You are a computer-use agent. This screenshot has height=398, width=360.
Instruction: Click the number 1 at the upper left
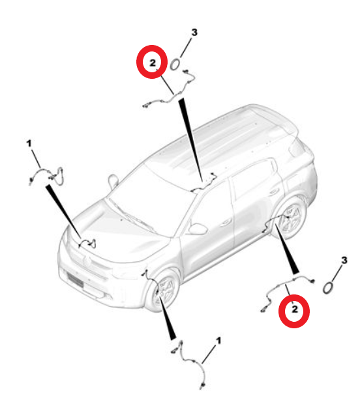coord(29,141)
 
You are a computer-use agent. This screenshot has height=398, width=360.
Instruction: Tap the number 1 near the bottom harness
coord(218,341)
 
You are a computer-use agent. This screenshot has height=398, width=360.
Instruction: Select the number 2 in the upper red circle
coord(152,63)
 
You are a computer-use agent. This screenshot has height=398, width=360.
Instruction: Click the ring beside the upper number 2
coord(175,64)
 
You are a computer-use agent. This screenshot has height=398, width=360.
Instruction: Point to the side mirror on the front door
coord(197,229)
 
